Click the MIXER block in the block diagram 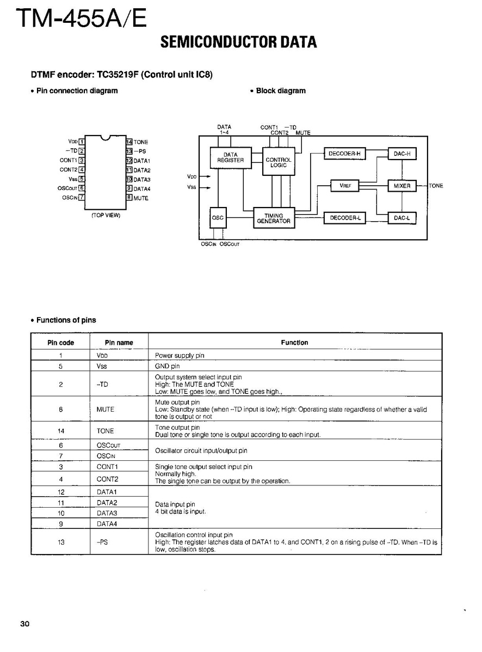pyautogui.click(x=402, y=186)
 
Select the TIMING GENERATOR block pyautogui.click(x=274, y=218)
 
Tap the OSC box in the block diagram pyautogui.click(x=218, y=218)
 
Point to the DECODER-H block pyautogui.click(x=344, y=154)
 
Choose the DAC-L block pyautogui.click(x=402, y=218)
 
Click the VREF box pyautogui.click(x=345, y=186)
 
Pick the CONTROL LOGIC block pyautogui.click(x=278, y=162)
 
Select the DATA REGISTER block pyautogui.click(x=231, y=157)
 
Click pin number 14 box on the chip pyautogui.click(x=129, y=142)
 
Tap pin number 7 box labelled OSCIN pyautogui.click(x=82, y=198)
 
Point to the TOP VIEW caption pyautogui.click(x=106, y=215)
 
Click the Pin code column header pyautogui.click(x=61, y=343)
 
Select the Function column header pyautogui.click(x=294, y=343)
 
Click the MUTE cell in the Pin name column pyautogui.click(x=105, y=409)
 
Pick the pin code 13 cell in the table pyautogui.click(x=61, y=542)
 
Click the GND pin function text pyautogui.click(x=168, y=366)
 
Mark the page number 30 pyautogui.click(x=24, y=624)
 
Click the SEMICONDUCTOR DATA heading pyautogui.click(x=238, y=42)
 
